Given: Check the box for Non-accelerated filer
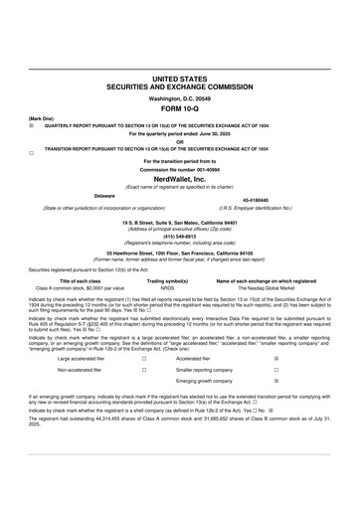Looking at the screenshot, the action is pyautogui.click(x=145, y=369).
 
